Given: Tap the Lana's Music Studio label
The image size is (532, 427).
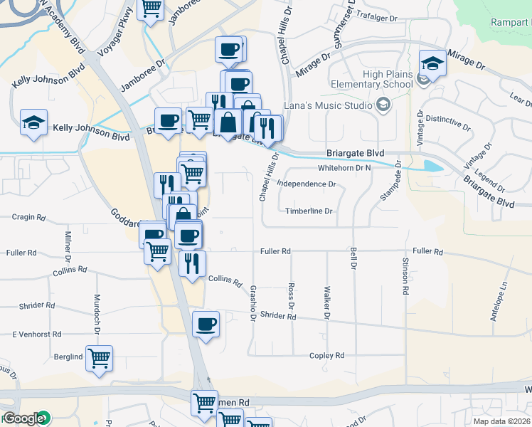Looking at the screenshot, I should point(328,106).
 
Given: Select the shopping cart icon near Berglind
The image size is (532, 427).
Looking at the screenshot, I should point(99,358).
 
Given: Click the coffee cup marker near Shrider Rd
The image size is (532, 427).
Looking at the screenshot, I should point(206,325).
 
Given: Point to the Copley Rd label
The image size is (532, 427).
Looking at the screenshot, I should point(326,355).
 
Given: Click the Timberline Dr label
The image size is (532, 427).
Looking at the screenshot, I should point(309,211).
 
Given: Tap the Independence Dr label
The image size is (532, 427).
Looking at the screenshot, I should point(307,184).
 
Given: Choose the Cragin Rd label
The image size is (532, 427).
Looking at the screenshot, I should point(30,217).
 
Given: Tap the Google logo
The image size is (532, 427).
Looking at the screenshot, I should point(23,418).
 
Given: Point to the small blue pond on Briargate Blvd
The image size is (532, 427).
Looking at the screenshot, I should point(431,167).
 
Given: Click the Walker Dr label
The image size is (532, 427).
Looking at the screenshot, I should point(327,297).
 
